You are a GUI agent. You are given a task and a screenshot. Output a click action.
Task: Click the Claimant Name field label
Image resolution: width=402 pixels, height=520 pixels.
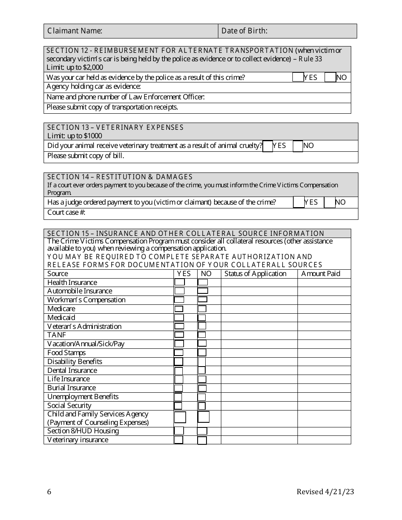pos(74,31)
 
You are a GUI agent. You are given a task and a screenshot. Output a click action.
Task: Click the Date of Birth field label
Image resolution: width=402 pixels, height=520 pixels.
pos(244,31)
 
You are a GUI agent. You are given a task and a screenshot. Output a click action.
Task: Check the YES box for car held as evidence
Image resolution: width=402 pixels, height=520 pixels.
pos(298,77)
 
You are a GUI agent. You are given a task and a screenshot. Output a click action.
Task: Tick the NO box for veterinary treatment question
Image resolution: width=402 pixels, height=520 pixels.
pos(298,146)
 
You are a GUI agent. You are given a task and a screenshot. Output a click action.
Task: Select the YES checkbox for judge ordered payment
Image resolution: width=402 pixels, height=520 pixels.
pos(299,203)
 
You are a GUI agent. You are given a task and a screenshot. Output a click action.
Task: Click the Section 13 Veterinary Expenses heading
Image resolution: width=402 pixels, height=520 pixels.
pos(115,127)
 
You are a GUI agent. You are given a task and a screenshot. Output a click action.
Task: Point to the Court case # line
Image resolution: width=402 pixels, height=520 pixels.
pos(66,213)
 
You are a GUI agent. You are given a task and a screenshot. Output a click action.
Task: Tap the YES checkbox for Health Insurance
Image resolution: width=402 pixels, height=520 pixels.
pos(180,282)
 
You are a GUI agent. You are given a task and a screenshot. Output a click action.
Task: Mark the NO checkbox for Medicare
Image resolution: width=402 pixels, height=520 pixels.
pos(202,309)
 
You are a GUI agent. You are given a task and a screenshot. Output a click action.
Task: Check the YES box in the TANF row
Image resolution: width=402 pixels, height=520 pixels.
pos(179,335)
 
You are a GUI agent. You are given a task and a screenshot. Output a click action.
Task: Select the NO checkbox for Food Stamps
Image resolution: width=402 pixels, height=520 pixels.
pos(202,353)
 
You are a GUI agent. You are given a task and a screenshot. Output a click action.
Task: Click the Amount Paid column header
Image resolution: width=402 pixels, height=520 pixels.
pos(320,274)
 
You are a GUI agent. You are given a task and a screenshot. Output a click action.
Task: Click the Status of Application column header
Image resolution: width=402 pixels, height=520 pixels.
pos(255,274)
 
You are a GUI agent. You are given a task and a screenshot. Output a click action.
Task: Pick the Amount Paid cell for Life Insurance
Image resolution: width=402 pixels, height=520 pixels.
pos(324,379)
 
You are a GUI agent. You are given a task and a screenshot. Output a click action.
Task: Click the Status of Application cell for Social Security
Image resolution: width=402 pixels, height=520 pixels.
pos(259,406)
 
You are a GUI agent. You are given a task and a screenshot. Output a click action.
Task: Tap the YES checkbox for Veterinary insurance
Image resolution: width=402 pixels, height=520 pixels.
pos(179,440)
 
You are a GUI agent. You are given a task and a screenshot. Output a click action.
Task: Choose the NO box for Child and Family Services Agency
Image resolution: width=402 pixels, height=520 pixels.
pos(204,417)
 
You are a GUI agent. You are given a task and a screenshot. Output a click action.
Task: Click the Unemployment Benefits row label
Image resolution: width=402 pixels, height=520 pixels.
pos(83,397)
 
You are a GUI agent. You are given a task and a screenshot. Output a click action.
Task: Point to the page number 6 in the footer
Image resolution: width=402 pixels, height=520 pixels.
pos(50,492)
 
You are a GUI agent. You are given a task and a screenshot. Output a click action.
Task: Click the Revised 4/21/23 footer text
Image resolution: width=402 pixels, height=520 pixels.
pos(325,492)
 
